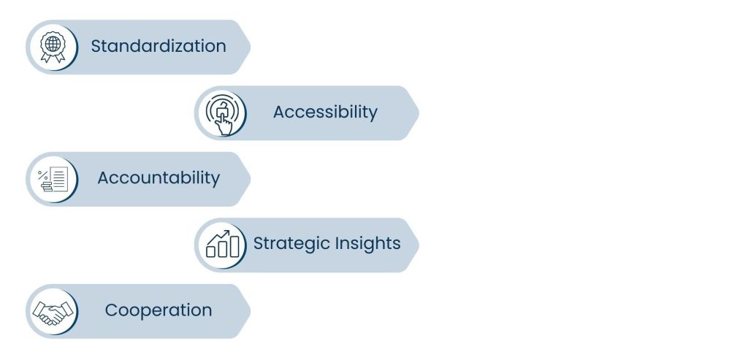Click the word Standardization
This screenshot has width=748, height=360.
(x=158, y=47)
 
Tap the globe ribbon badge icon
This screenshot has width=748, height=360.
(x=52, y=47)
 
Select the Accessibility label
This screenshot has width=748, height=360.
(x=325, y=112)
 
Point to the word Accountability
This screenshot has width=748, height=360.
(x=158, y=178)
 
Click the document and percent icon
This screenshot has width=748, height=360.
(x=52, y=179)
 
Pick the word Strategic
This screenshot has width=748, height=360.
(x=289, y=244)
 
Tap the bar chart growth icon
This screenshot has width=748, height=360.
(x=221, y=245)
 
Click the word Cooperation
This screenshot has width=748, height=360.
(x=158, y=310)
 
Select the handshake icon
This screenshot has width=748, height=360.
(x=52, y=312)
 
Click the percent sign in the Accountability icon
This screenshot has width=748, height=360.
(x=42, y=173)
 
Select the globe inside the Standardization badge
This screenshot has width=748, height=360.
(x=52, y=43)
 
